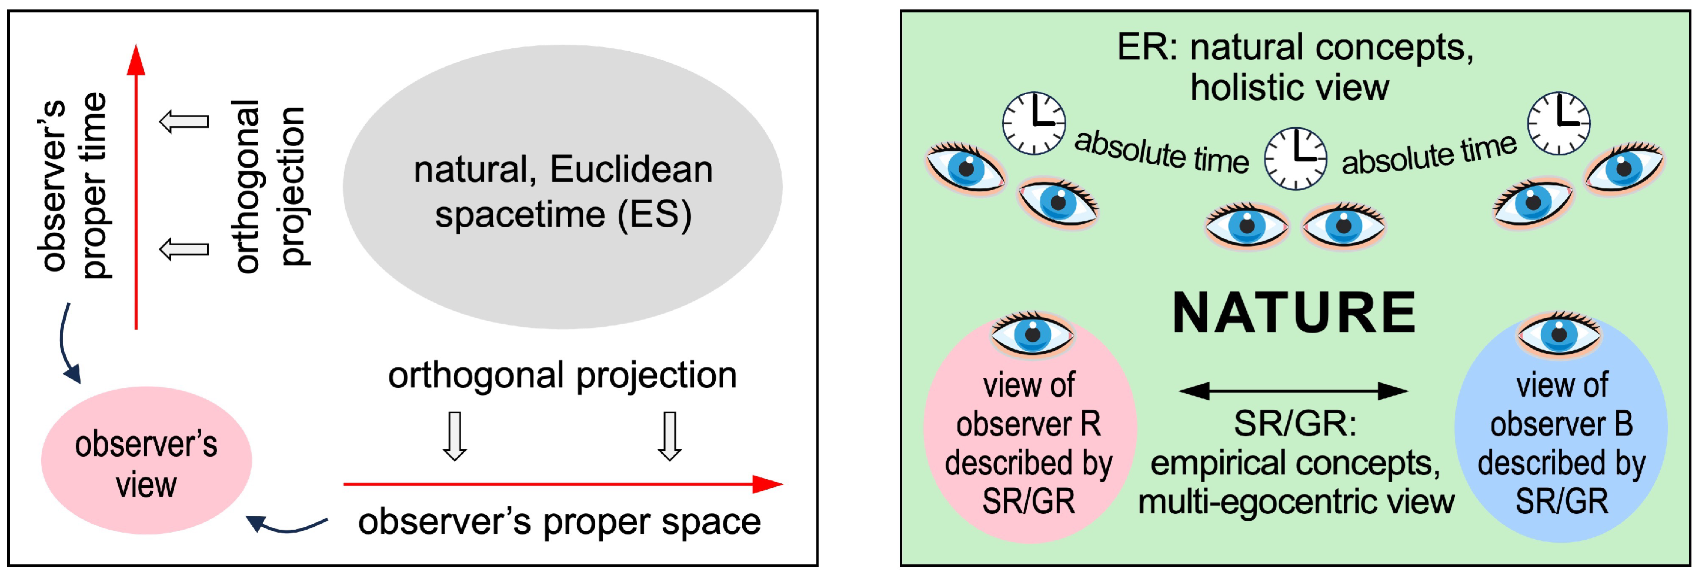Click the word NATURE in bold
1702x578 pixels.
pyautogui.click(x=1293, y=314)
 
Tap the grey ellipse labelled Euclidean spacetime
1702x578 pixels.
pyautogui.click(x=562, y=187)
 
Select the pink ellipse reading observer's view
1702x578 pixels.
pyautogui.click(x=146, y=461)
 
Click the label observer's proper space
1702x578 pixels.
pyautogui.click(x=559, y=521)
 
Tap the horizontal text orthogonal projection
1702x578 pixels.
pyautogui.click(x=562, y=376)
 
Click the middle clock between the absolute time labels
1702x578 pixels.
pyautogui.click(x=1295, y=159)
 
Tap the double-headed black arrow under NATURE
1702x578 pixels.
pyautogui.click(x=1293, y=391)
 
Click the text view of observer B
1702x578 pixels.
pyautogui.click(x=1561, y=405)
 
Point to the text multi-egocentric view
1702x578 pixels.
pyautogui.click(x=1296, y=502)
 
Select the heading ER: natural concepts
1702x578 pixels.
pyautogui.click(x=1294, y=48)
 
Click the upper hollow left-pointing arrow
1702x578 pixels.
pyautogui.click(x=184, y=122)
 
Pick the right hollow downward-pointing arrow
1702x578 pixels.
pyautogui.click(x=669, y=436)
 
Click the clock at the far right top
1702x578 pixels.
pyautogui.click(x=1559, y=124)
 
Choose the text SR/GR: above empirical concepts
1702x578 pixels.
pyautogui.click(x=1294, y=424)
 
